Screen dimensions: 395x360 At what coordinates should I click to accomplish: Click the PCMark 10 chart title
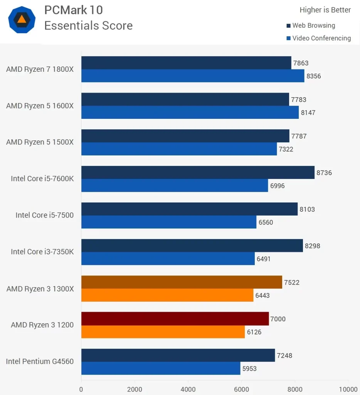pyautogui.click(x=74, y=10)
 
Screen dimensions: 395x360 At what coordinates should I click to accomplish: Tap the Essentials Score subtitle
pyautogui.click(x=88, y=25)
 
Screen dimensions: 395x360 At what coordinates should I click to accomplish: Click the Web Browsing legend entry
pyautogui.click(x=313, y=25)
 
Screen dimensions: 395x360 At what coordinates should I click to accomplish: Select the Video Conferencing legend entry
pyautogui.click(x=321, y=38)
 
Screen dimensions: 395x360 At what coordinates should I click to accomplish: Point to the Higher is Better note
pyautogui.click(x=325, y=10)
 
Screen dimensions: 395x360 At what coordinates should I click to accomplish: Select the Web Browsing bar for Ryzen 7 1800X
pyautogui.click(x=186, y=63)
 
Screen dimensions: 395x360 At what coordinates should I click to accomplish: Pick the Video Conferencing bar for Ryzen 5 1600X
pyautogui.click(x=190, y=113)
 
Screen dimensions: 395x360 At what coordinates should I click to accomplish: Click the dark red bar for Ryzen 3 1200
pyautogui.click(x=175, y=319)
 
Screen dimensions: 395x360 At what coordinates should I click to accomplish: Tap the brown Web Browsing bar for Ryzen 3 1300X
pyautogui.click(x=182, y=282)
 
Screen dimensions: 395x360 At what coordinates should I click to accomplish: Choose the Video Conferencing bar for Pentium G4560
pyautogui.click(x=161, y=368)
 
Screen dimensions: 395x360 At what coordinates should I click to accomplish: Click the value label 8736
pyautogui.click(x=324, y=173)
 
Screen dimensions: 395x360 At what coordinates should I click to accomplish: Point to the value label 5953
pyautogui.click(x=249, y=368)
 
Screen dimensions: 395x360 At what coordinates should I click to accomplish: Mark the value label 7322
pyautogui.click(x=286, y=149)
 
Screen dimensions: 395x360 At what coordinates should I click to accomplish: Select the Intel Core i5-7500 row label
pyautogui.click(x=44, y=215)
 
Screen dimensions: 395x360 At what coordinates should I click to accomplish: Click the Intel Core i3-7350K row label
pyautogui.click(x=42, y=252)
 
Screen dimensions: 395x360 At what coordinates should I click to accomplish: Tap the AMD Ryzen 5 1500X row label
pyautogui.click(x=40, y=142)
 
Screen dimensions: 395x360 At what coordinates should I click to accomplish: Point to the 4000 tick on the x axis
pyautogui.click(x=188, y=389)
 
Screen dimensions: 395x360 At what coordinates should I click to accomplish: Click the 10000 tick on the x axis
pyautogui.click(x=348, y=389)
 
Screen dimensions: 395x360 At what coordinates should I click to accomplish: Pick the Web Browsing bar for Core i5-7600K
pyautogui.click(x=198, y=172)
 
